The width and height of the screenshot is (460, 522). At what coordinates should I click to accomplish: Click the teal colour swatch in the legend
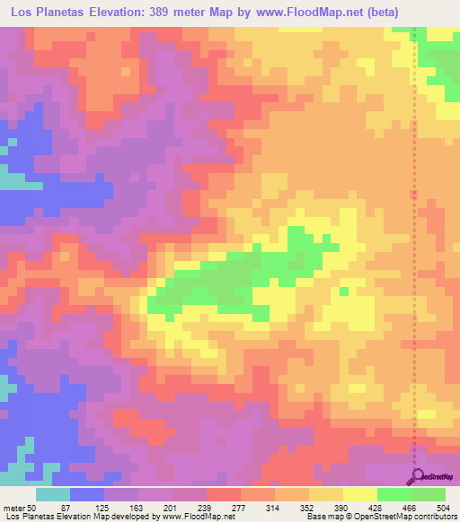pos(53,494)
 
